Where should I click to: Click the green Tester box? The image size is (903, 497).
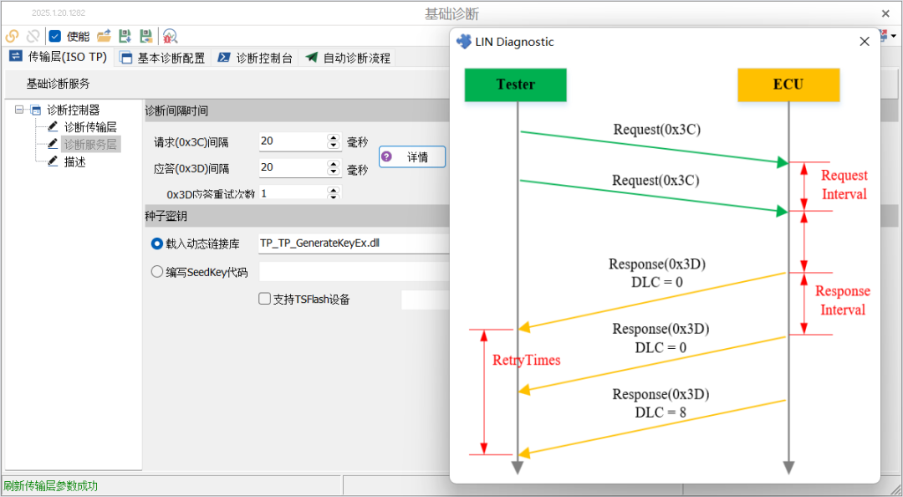515,85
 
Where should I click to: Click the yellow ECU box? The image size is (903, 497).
788,85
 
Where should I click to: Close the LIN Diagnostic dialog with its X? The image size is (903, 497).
865,42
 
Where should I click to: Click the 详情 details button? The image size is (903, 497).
412,156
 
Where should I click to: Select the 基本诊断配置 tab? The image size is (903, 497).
163,58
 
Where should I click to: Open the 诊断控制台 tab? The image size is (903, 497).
256,58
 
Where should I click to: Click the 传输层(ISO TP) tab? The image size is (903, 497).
59,57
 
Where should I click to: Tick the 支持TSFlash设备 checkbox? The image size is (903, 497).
264,299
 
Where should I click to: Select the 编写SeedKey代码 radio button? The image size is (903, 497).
157,271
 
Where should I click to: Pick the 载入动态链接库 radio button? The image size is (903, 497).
157,243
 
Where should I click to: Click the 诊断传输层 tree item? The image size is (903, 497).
89,127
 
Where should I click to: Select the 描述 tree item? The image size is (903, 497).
74,161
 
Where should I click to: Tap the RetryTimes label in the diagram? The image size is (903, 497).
526,361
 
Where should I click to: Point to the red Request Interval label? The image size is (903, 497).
844,185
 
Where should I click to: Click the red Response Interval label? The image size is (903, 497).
842,300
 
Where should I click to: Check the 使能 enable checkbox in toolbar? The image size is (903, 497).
55,36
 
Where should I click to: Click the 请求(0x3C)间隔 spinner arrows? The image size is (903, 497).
334,141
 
